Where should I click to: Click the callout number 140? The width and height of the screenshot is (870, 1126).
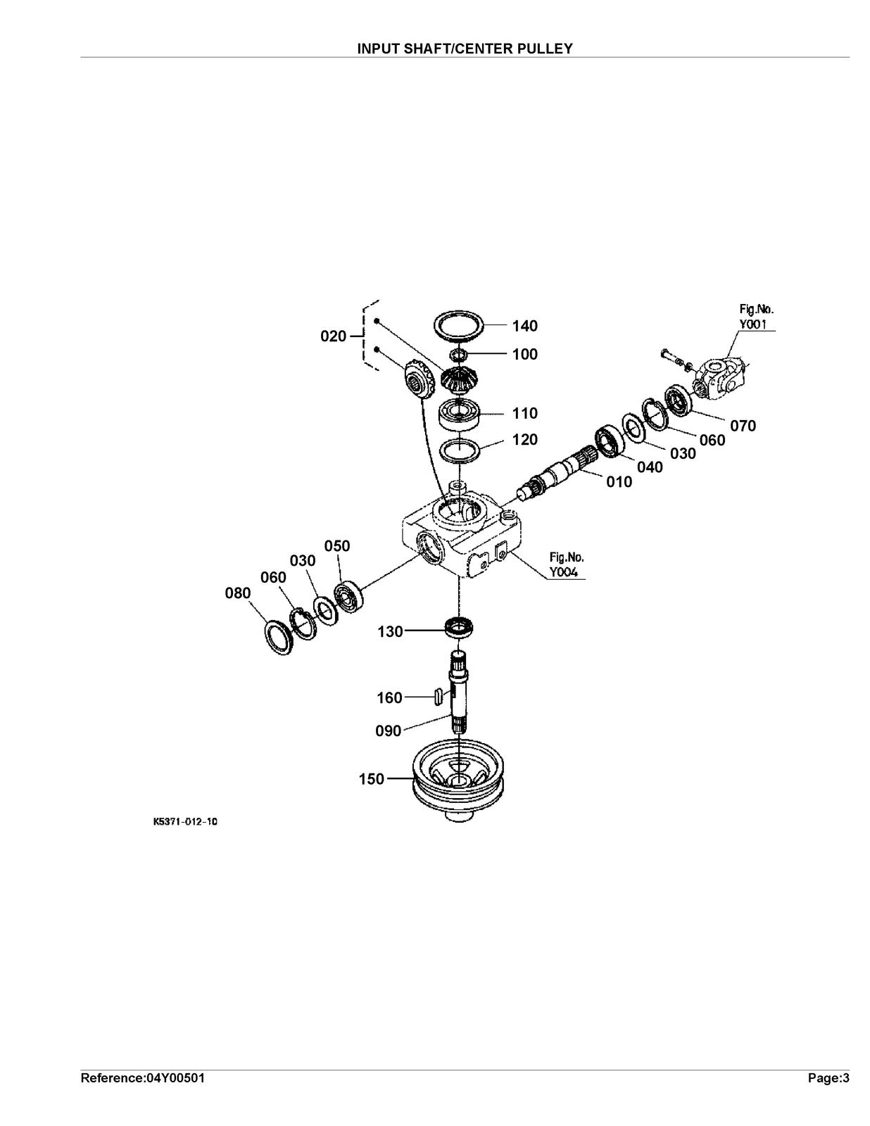coord(525,326)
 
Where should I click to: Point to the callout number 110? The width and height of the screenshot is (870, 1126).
coord(525,414)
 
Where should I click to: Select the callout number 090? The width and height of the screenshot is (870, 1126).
coord(389,731)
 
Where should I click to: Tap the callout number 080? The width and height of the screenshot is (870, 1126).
coord(238,593)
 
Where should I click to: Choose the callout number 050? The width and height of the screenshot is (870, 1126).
coord(337,546)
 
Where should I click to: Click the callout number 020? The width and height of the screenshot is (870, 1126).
coord(333,336)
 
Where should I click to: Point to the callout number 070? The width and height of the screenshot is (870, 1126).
coord(743,426)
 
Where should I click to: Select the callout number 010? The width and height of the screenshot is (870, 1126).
coord(619,482)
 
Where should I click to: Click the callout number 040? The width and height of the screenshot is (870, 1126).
coord(650,467)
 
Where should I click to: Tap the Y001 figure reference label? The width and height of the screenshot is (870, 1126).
coord(753,324)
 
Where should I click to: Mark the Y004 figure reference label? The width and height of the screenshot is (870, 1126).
coord(564,573)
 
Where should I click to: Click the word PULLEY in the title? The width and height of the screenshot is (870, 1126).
coord(547,49)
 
